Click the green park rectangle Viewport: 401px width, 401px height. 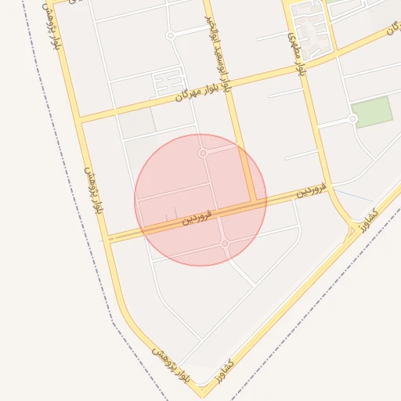click(371, 112)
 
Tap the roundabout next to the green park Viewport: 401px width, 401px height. click(353, 119)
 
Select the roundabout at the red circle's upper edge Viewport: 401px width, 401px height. click(203, 154)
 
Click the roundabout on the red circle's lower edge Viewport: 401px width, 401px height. click(225, 244)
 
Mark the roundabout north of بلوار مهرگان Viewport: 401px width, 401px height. click(171, 36)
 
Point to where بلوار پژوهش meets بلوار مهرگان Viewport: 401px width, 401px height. click(80, 119)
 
